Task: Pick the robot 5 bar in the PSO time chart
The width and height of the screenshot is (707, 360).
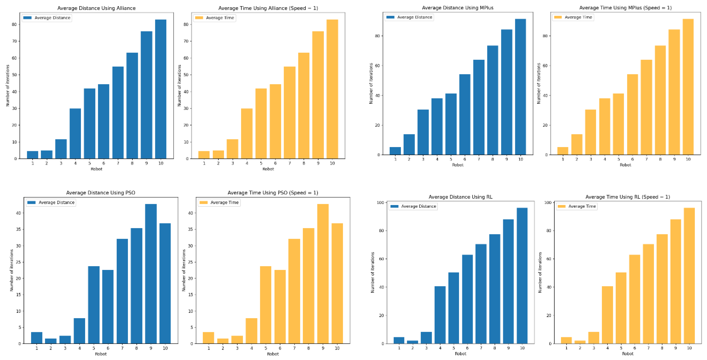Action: (x=265, y=305)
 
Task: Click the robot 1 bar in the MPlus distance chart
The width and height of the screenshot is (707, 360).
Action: (x=395, y=151)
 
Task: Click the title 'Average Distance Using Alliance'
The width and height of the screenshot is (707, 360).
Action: (x=96, y=8)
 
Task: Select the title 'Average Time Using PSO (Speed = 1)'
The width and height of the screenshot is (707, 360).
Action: (x=273, y=193)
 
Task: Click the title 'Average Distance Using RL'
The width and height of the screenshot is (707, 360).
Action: (x=460, y=197)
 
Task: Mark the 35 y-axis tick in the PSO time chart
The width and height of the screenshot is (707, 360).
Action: (x=190, y=229)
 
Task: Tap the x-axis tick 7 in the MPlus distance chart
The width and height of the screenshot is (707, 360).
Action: (x=479, y=159)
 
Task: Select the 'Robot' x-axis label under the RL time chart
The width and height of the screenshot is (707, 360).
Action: (x=627, y=354)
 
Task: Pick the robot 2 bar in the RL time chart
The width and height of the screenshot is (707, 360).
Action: (x=580, y=342)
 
